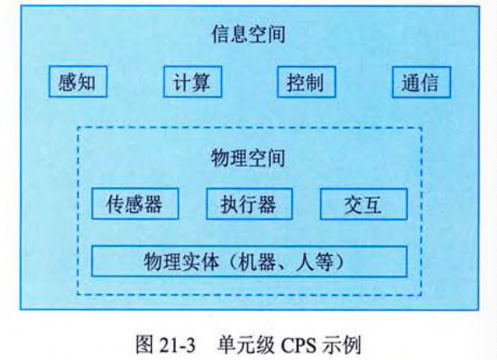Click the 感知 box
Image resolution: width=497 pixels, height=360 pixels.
click(x=78, y=83)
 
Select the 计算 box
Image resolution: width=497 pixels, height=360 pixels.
click(x=192, y=83)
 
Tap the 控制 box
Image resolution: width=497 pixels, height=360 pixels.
click(x=305, y=83)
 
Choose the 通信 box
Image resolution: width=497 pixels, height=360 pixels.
click(x=419, y=83)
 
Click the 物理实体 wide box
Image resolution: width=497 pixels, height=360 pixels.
click(x=249, y=262)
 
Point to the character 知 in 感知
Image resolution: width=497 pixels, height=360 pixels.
click(x=87, y=83)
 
